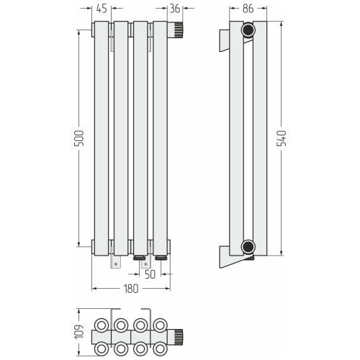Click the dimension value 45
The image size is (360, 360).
click(x=102, y=9)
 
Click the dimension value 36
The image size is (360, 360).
click(x=175, y=9)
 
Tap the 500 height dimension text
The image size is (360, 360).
click(x=79, y=138)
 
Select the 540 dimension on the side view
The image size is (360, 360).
click(x=282, y=138)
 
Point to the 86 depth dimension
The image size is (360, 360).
click(x=248, y=9)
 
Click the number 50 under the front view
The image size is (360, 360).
click(x=150, y=274)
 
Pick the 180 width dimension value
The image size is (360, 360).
click(x=131, y=289)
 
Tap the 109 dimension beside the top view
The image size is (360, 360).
click(x=79, y=332)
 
